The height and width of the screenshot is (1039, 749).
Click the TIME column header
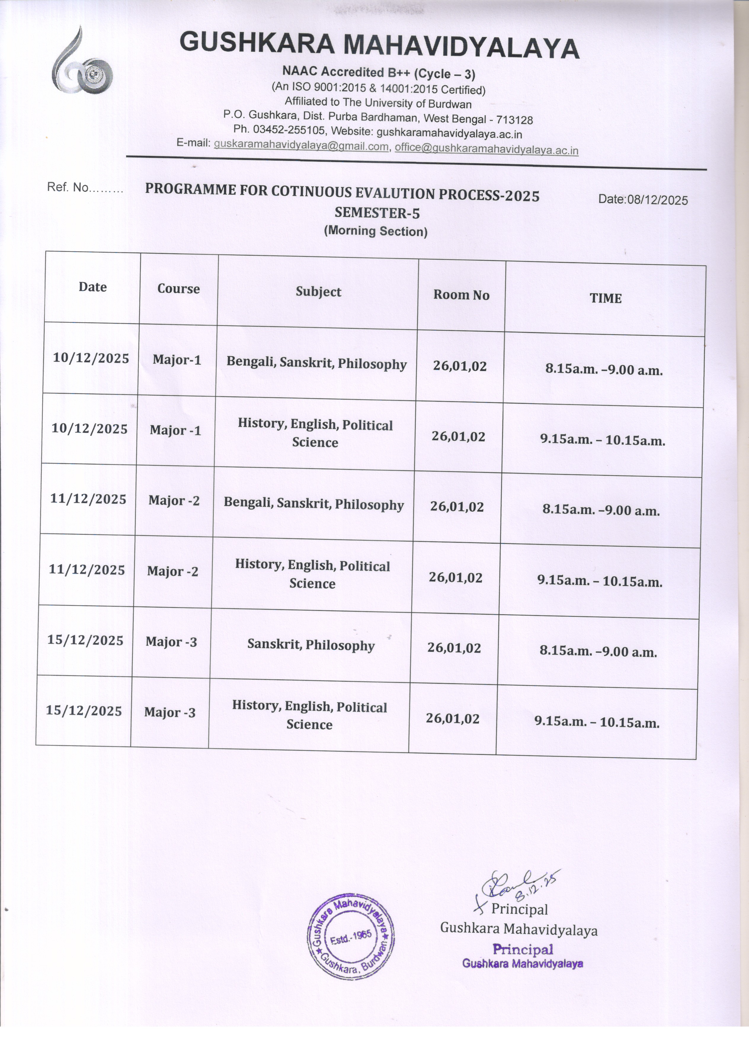605,298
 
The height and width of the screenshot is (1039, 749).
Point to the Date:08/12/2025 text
643,200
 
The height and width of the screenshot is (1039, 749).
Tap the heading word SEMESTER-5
377,213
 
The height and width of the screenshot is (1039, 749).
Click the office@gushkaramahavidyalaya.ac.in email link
486,149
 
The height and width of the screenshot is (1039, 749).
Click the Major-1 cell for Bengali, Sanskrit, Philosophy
177,360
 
